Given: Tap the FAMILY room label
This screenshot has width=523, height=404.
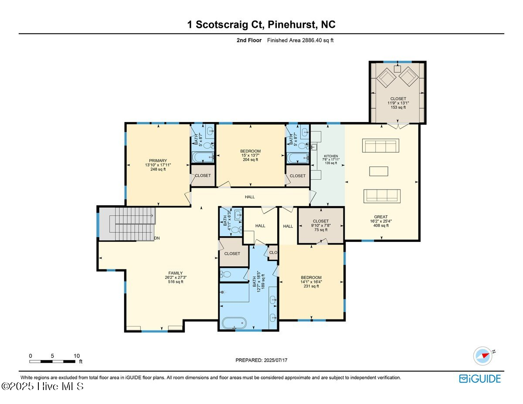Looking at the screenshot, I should pos(175,273).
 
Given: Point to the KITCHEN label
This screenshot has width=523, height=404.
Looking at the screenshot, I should pos(331,156).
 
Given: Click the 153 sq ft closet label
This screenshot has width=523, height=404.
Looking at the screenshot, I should pos(398,99).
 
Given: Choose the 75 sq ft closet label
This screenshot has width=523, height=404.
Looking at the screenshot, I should pos(320,221).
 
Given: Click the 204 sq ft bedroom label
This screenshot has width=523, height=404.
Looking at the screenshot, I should pos(250,151).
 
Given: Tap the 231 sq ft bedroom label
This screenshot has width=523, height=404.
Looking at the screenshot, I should pos(311,278).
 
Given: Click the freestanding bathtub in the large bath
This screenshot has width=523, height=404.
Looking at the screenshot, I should pos(234,323).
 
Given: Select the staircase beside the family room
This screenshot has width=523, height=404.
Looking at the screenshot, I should pos(126,223).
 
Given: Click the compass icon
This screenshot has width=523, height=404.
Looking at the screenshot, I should pos(482,356).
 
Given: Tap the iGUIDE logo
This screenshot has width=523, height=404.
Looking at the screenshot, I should pos(480,379).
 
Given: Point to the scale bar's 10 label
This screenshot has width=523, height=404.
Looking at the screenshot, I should pos(77,356).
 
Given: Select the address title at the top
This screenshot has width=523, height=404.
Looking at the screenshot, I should pos(261,24).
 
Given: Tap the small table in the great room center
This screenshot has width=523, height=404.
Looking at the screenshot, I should pos(378,171).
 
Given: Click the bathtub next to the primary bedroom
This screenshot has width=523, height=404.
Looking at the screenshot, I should pos(203,157).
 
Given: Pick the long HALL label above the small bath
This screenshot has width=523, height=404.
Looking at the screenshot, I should pos(250,197).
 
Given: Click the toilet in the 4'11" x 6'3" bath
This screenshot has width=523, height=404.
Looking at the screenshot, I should pos(236,229).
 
